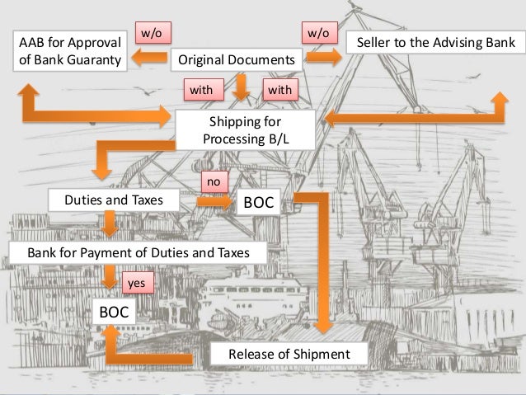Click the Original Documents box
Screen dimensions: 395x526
click(x=236, y=60)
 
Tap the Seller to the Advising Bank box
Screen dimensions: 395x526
click(x=434, y=43)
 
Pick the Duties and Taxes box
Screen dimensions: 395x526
click(x=112, y=200)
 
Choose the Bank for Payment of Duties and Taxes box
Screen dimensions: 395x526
click(x=136, y=252)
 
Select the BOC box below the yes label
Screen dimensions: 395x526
click(x=115, y=313)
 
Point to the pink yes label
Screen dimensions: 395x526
click(x=137, y=283)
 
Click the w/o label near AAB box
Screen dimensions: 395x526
click(x=149, y=34)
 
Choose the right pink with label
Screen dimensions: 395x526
click(x=279, y=89)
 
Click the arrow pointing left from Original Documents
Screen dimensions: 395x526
click(x=148, y=58)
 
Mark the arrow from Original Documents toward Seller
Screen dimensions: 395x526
click(x=323, y=58)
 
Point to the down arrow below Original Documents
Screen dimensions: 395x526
click(x=241, y=87)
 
